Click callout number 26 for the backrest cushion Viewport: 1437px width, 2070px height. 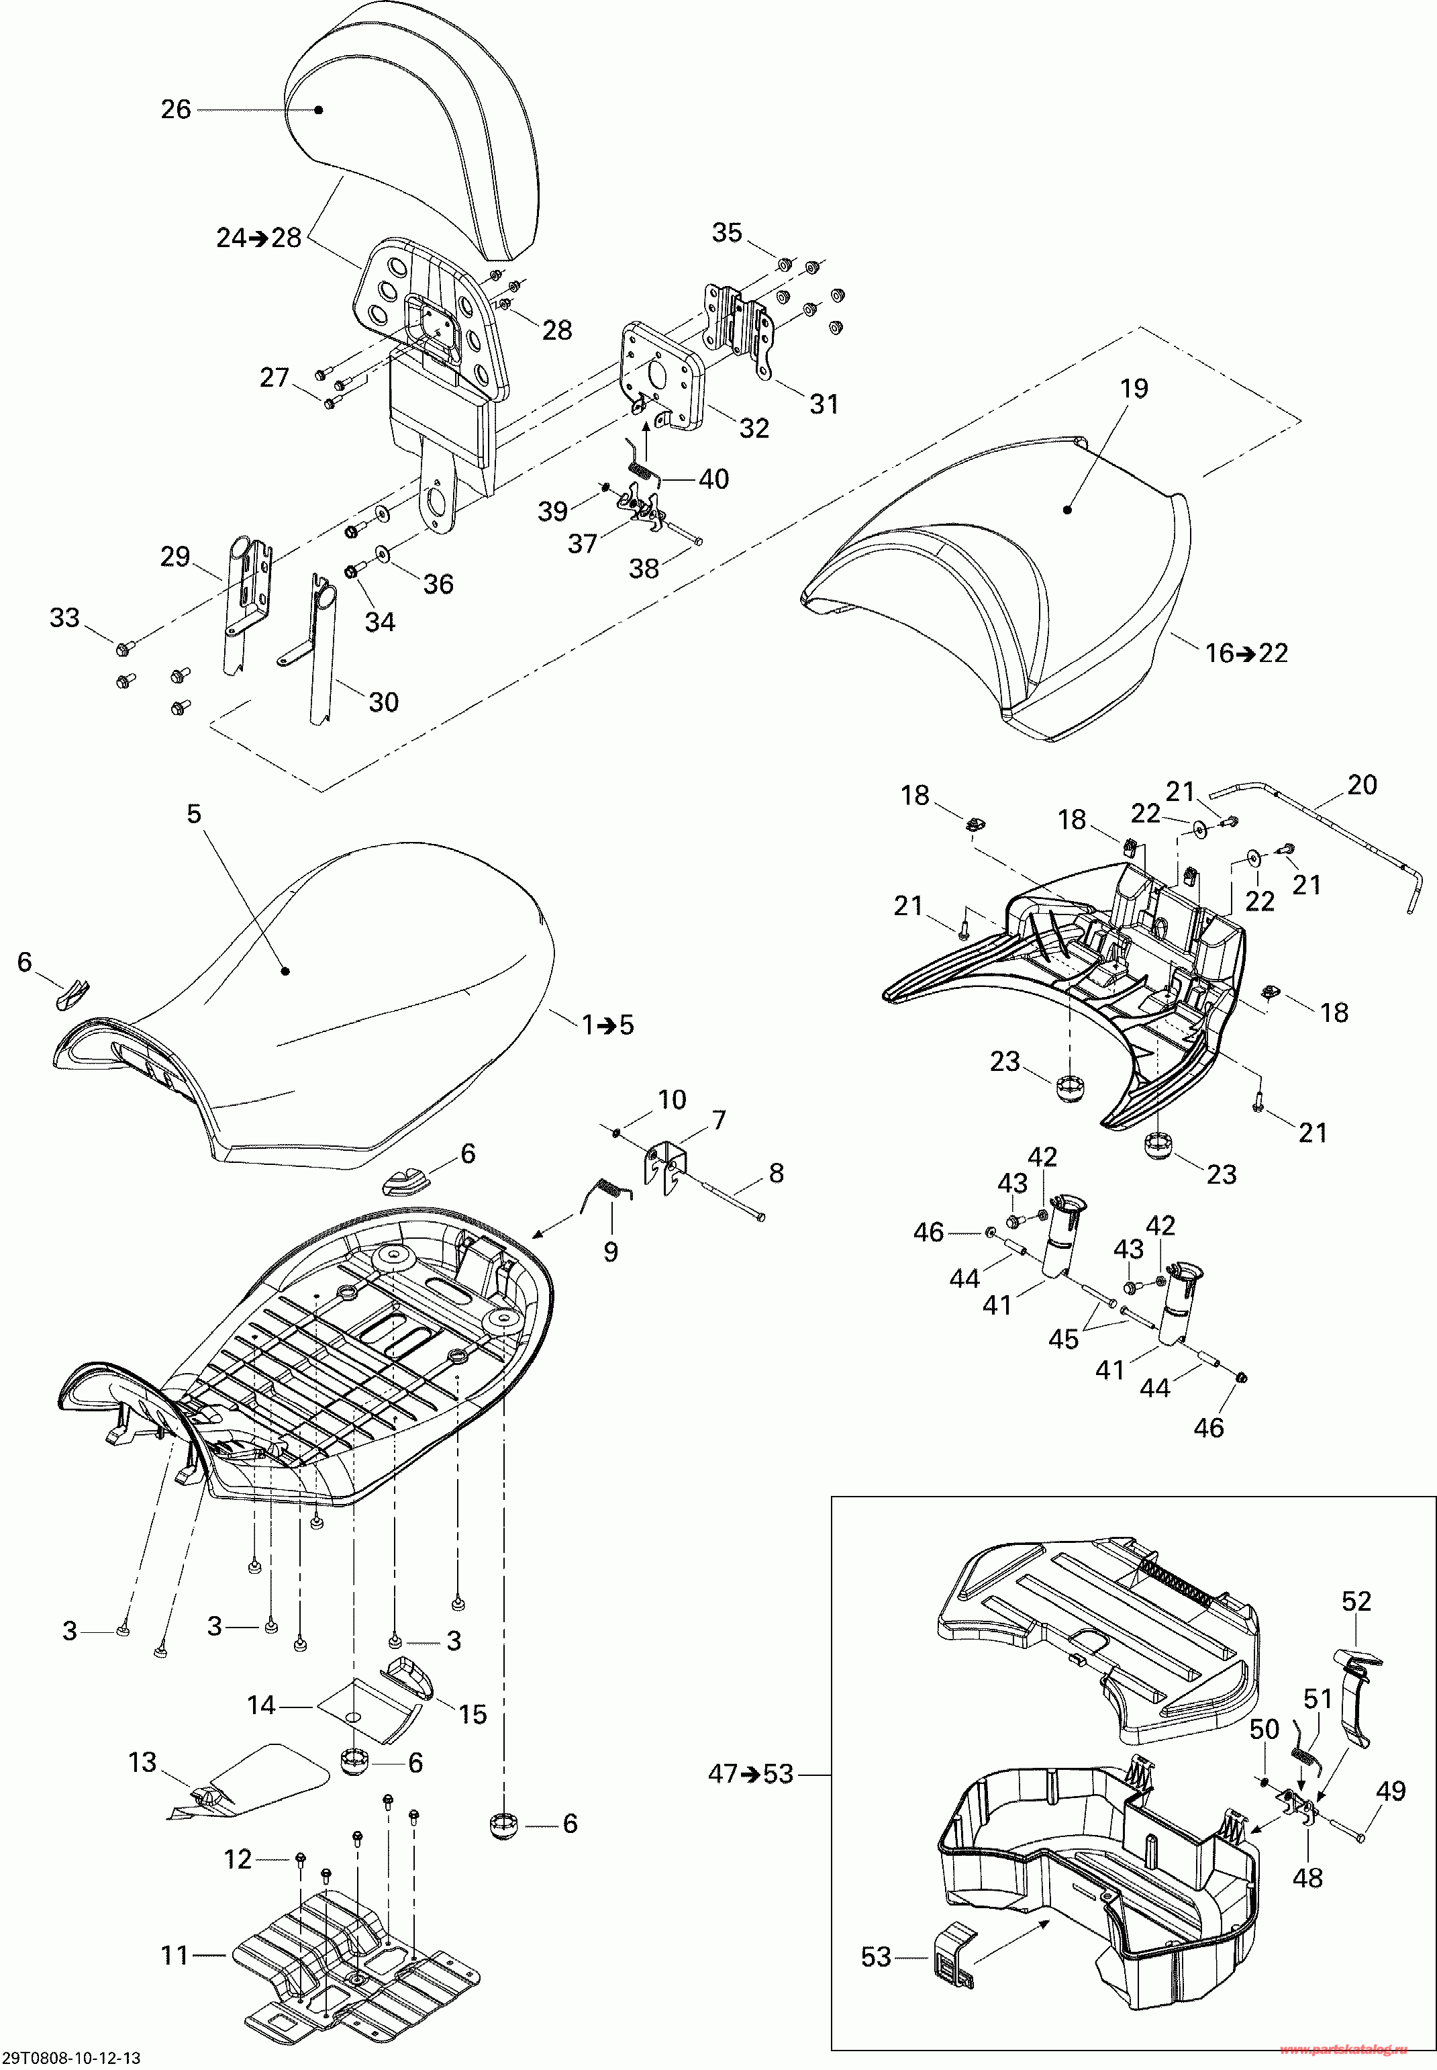pos(176,110)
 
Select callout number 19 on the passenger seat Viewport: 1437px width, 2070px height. pos(1134,389)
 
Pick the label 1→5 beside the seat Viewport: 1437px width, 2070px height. pos(607,1025)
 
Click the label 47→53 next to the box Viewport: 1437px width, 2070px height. pos(751,1775)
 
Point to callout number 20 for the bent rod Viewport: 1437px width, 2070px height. pos(1361,786)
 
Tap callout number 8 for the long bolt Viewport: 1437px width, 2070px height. pos(776,1173)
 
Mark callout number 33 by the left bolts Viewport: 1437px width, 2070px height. pos(65,618)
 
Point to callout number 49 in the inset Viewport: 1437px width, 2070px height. pos(1391,1791)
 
